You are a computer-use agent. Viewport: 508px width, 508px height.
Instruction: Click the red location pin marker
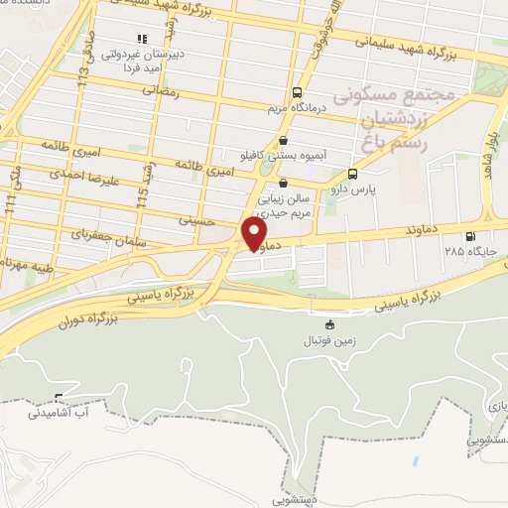point(255,232)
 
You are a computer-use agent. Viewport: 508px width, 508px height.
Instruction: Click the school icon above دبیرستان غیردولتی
point(155,40)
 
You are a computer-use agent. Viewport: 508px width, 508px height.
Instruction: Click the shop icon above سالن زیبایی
point(285,183)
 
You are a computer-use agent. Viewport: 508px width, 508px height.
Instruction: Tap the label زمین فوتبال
point(330,340)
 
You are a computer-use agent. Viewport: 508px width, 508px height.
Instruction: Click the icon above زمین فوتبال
point(330,324)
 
